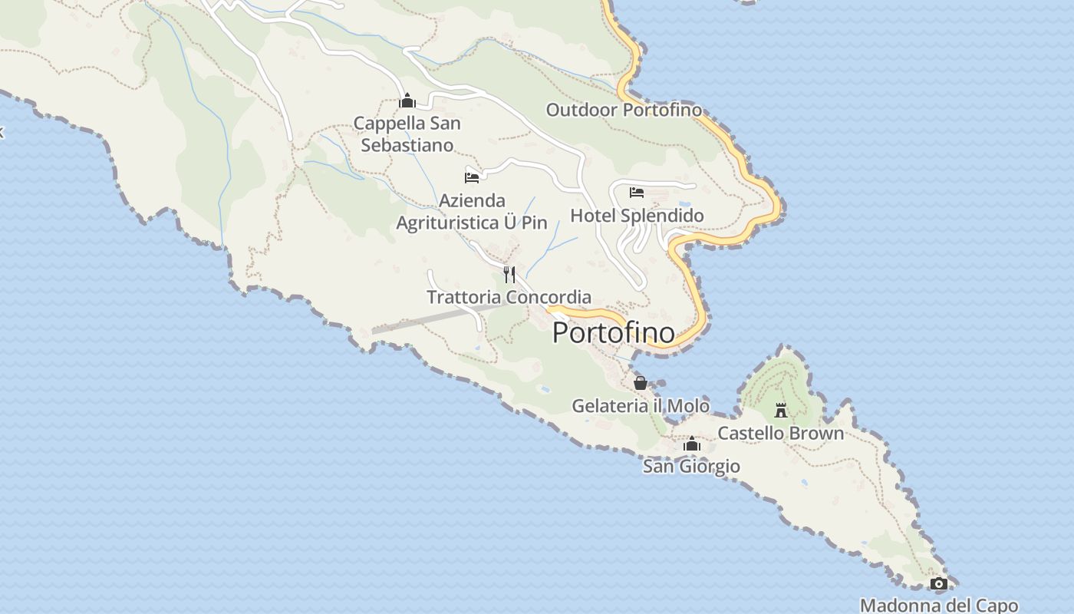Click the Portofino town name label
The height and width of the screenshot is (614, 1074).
click(x=614, y=332)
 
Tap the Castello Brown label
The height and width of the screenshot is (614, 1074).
click(x=780, y=433)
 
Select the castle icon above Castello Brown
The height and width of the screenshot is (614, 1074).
click(x=781, y=411)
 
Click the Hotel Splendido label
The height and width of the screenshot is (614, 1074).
click(x=637, y=216)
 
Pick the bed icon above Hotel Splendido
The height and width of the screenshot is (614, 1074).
click(x=637, y=192)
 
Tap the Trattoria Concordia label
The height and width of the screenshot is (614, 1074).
click(x=509, y=297)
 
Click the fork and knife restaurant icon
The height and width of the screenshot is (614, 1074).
click(x=509, y=274)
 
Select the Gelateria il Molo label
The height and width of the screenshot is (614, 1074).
click(x=641, y=405)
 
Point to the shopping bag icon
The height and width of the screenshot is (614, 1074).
click(x=641, y=382)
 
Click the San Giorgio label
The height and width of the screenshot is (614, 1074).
click(x=691, y=466)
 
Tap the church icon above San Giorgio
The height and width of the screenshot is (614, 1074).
click(x=692, y=444)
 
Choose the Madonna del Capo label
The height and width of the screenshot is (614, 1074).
click(x=939, y=605)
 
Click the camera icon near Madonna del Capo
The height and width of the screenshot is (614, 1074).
click(x=938, y=584)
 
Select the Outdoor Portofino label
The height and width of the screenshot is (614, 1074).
click(x=624, y=110)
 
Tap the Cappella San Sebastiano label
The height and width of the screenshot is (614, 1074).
click(x=407, y=134)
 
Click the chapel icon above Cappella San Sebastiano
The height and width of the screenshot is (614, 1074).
click(x=407, y=101)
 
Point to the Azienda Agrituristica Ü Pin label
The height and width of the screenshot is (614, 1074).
click(x=472, y=212)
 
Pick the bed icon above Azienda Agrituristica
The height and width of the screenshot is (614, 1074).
click(x=472, y=178)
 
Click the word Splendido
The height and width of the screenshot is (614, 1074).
click(x=661, y=216)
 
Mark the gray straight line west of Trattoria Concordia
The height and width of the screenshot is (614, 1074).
click(x=434, y=319)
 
